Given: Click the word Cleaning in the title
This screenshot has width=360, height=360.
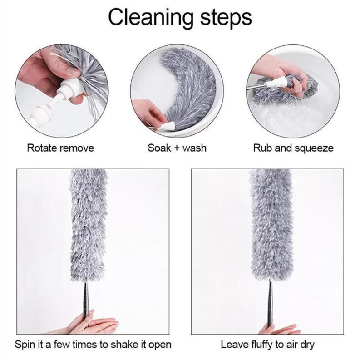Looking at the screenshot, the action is [151, 18].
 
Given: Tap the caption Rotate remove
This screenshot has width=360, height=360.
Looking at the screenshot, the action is [60, 148].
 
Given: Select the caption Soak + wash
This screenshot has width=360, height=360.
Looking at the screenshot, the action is [177, 148].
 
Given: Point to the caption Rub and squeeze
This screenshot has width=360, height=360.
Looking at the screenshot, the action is [293, 148].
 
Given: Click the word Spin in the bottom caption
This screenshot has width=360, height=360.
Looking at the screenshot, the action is [25, 345].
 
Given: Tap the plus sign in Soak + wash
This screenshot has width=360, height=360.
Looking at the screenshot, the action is [177, 148].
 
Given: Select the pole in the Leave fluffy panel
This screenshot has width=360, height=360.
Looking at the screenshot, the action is [270, 304].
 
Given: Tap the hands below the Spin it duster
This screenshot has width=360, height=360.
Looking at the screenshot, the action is [87, 323].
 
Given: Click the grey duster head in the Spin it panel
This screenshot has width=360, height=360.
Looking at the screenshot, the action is [89, 225].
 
